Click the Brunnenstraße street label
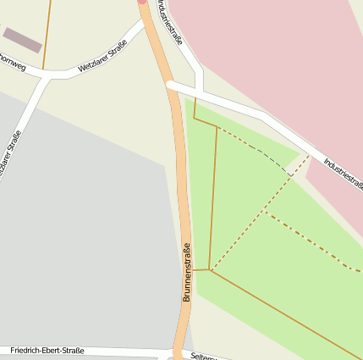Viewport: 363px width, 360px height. click(x=187, y=273)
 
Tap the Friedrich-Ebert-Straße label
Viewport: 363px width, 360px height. click(x=48, y=349)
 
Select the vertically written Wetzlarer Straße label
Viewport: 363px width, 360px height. click(x=10, y=158)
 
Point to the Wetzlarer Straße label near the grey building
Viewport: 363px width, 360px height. click(x=102, y=57)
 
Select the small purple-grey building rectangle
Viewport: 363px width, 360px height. click(x=22, y=39)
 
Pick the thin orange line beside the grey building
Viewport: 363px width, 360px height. click(x=45, y=34)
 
